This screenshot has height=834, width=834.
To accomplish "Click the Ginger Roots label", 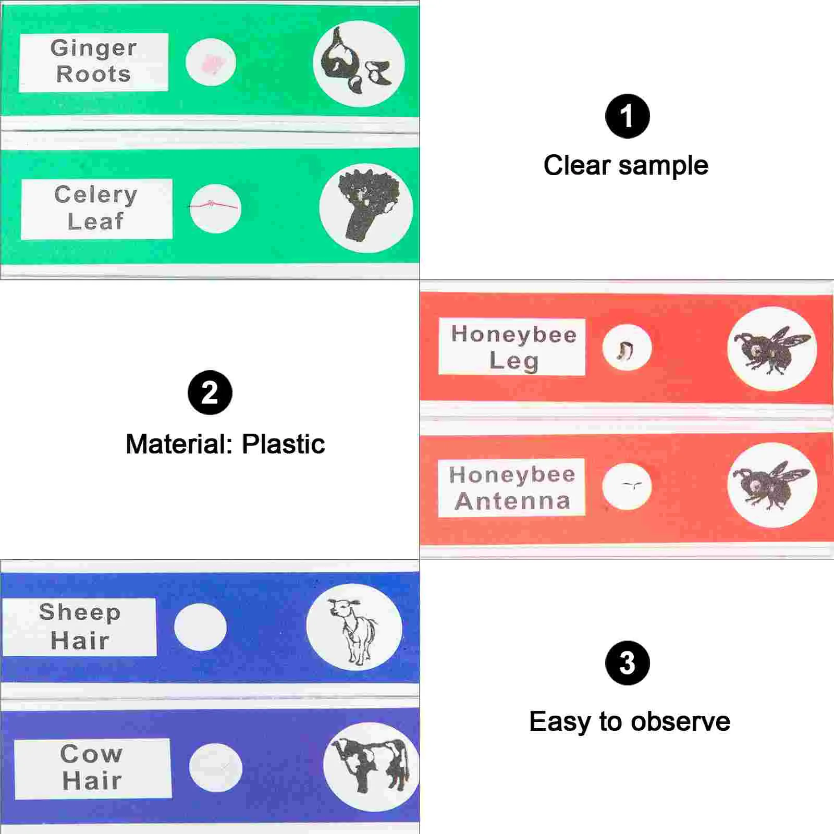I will [x=94, y=62].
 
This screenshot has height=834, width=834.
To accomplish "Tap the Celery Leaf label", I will [x=96, y=208].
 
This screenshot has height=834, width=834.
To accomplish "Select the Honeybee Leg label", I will [x=512, y=347].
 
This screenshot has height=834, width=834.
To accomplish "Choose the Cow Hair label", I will [x=92, y=767].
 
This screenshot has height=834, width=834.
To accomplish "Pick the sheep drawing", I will [x=353, y=628].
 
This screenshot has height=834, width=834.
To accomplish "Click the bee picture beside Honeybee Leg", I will [x=772, y=348].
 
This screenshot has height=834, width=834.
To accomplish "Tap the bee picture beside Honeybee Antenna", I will [x=772, y=485].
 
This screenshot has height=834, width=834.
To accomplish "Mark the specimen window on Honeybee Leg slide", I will [x=626, y=348].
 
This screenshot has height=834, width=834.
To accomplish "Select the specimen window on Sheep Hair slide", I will [x=200, y=627].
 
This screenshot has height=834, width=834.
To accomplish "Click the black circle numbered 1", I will [x=627, y=116].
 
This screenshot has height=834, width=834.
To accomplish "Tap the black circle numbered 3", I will [x=627, y=663].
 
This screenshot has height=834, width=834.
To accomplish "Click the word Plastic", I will [x=283, y=444].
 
